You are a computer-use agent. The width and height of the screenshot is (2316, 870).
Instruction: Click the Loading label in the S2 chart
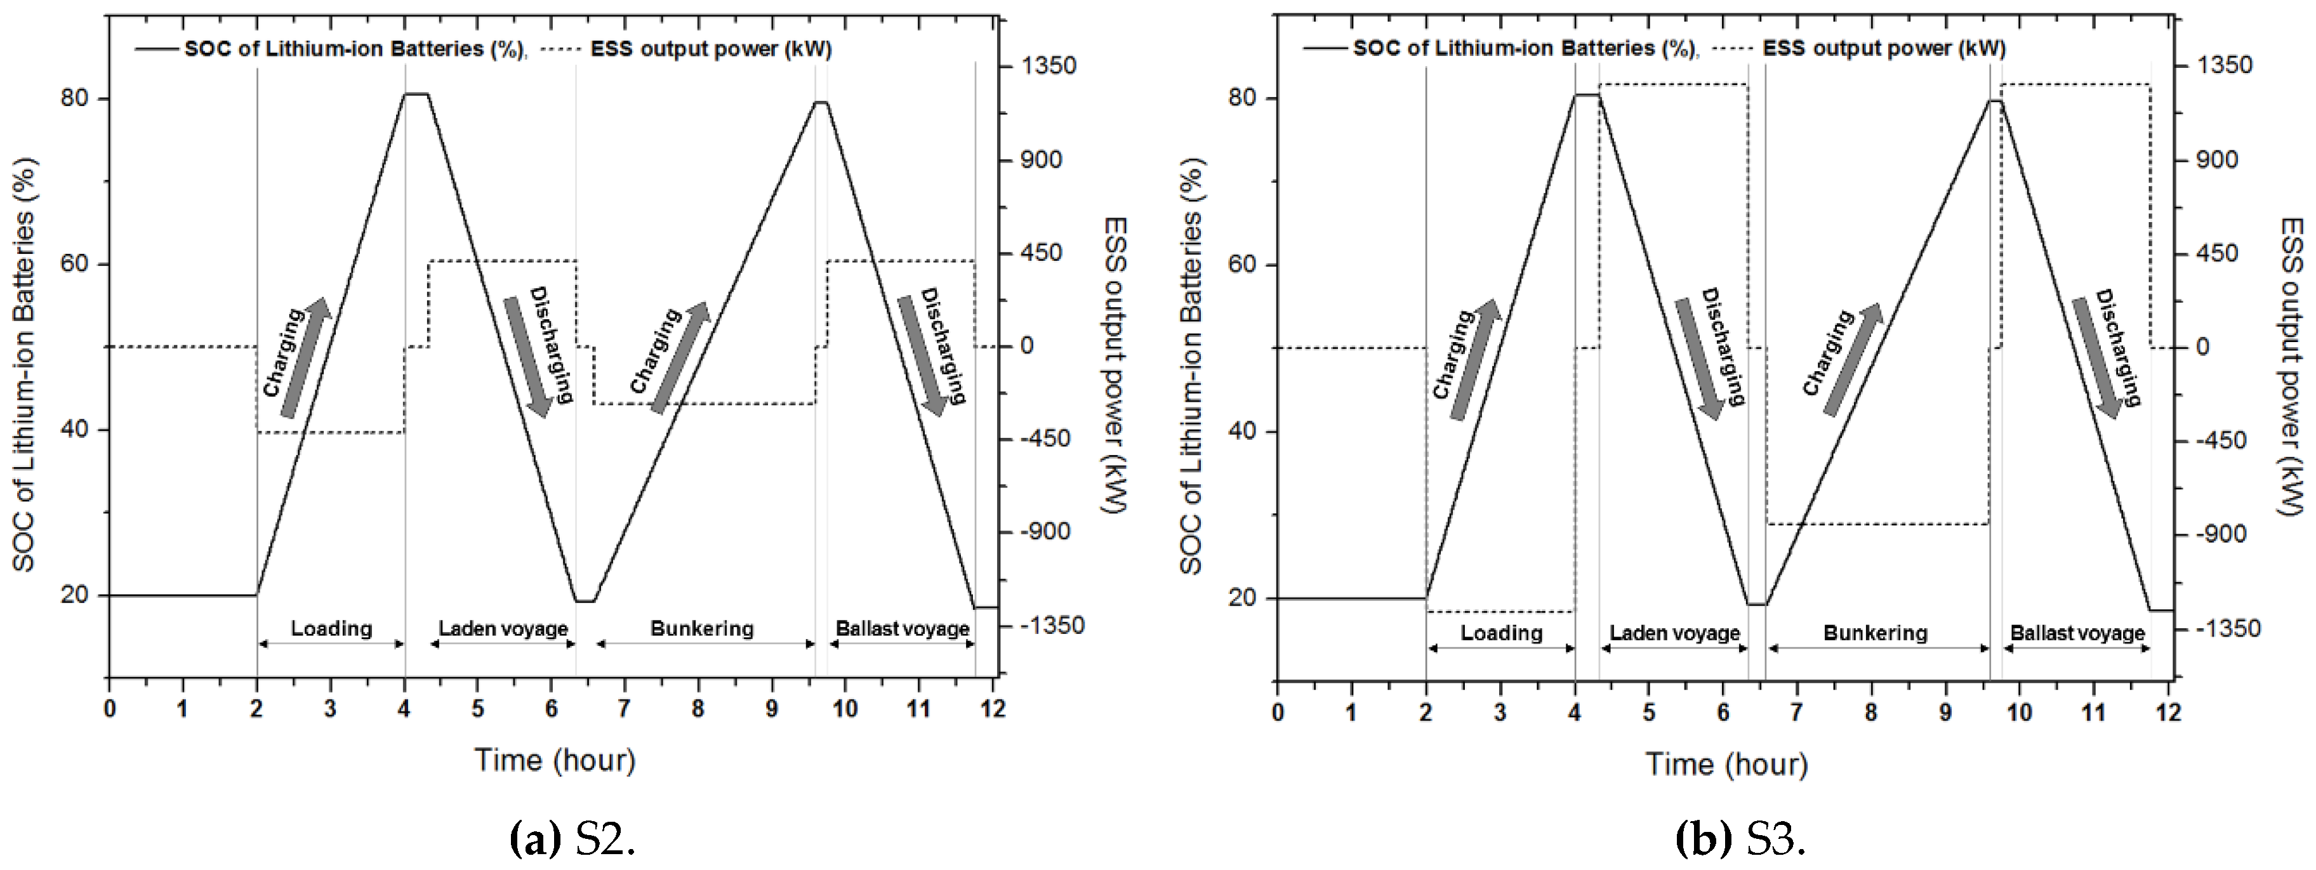331,628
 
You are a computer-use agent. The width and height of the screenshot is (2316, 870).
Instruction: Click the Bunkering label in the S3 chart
1876,633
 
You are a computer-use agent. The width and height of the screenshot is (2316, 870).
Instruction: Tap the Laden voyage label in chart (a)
503,628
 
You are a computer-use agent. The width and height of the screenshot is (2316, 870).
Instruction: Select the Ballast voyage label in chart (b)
2078,633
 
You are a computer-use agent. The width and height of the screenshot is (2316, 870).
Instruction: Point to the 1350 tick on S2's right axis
1047,65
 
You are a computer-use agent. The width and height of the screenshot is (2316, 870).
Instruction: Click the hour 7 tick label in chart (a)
624,708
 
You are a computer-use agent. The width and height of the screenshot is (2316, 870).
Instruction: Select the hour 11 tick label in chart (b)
2094,713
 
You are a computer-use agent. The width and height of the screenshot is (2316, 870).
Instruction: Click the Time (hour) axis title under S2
555,760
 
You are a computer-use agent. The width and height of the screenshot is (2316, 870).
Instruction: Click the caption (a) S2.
572,840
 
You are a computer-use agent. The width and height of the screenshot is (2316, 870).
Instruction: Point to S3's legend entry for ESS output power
1859,48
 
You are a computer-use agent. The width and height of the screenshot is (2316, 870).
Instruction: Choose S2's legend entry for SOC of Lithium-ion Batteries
330,48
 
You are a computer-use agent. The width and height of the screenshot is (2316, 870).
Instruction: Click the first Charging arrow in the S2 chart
306,358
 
